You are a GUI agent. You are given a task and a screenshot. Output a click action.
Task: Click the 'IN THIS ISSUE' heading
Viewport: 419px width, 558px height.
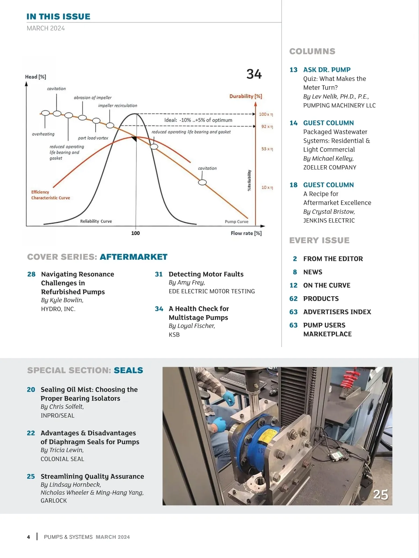[x=58, y=16]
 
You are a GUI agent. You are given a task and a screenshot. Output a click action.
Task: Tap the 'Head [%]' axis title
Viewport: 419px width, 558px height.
[x=36, y=77]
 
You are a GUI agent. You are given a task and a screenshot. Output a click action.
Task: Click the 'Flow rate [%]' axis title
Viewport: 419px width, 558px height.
[x=246, y=233]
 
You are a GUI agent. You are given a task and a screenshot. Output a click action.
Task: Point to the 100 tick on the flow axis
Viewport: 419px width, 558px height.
[x=135, y=233]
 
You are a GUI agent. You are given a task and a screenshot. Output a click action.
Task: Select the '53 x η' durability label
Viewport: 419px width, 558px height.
[x=267, y=149]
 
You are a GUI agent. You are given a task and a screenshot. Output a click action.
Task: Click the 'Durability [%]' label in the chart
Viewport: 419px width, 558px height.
[x=245, y=96]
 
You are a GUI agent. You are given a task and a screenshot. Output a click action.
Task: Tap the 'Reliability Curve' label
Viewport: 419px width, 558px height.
[x=96, y=221]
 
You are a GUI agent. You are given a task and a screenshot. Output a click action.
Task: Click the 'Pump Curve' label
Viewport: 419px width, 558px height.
[x=236, y=222]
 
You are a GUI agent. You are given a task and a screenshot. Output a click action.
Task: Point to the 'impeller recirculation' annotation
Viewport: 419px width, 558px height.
[x=117, y=105]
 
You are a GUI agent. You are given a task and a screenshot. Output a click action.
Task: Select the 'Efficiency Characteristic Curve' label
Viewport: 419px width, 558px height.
[x=50, y=195]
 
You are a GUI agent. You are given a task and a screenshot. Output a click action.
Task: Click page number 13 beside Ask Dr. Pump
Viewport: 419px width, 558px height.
[x=293, y=70]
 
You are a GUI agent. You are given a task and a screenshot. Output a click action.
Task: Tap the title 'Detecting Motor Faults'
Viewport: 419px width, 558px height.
[x=206, y=274]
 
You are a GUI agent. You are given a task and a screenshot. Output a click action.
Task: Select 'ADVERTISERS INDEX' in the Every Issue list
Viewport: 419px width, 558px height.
[x=337, y=312]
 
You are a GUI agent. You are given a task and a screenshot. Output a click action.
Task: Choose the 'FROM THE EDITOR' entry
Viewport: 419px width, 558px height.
[x=333, y=259]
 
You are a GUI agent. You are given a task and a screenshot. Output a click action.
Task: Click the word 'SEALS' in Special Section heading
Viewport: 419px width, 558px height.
[x=128, y=370]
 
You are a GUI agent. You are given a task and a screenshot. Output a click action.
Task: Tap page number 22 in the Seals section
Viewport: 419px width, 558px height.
[x=31, y=433]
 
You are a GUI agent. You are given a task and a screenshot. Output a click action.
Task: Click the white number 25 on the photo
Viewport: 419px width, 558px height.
[x=380, y=494]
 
